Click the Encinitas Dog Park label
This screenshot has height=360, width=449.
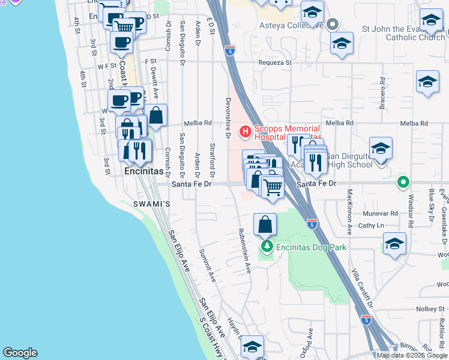click(x=311, y=247)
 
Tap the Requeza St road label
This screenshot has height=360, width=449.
click(x=275, y=62)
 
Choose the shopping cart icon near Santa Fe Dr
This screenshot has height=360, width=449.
click(x=273, y=188)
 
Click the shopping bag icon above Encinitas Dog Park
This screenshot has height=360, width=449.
click(x=265, y=225)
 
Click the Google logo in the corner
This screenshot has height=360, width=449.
click(x=20, y=353)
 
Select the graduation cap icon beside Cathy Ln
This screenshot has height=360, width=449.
click(x=394, y=243)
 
